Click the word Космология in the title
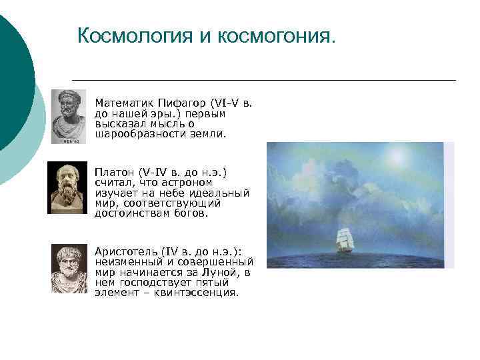135,35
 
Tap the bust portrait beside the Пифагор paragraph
69,117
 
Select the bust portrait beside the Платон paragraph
67,188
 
